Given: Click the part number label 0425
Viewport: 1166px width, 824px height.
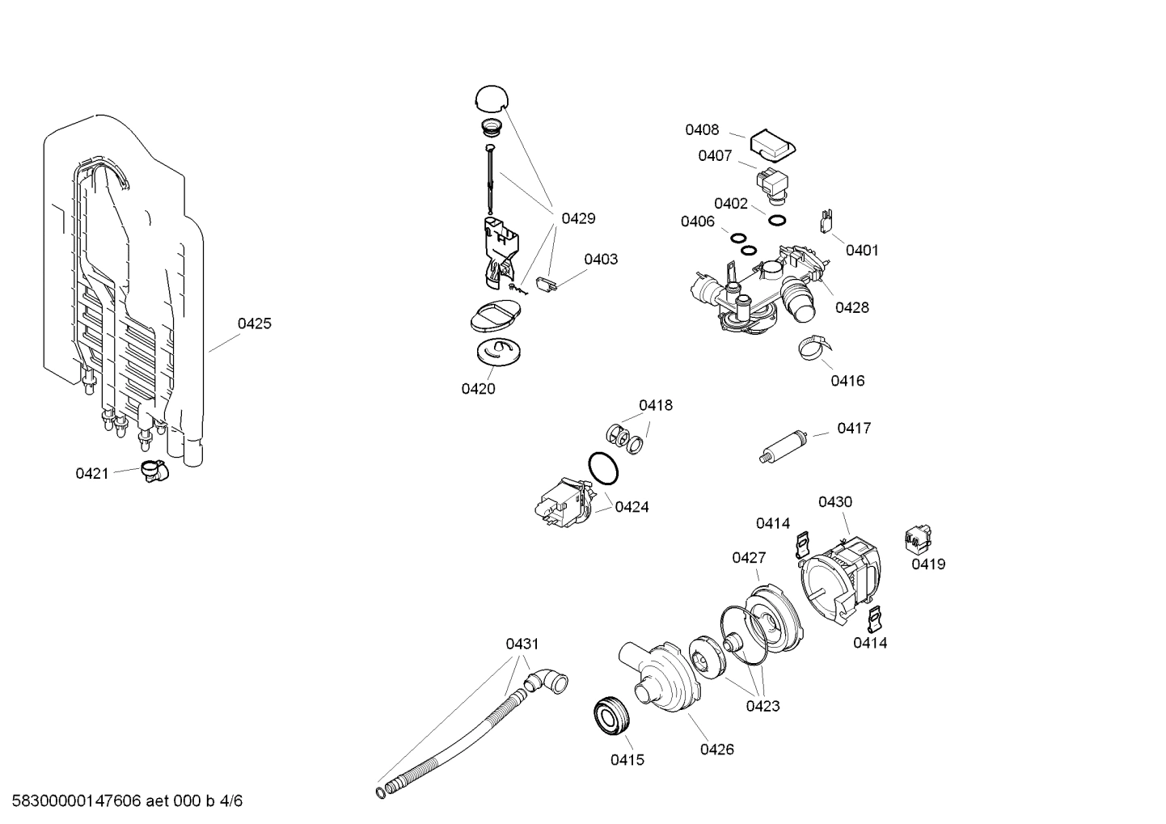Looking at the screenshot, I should (x=254, y=323).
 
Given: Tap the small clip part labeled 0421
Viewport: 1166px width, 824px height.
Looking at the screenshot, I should (x=150, y=471).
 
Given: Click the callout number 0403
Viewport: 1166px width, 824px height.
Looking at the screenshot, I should (x=601, y=259).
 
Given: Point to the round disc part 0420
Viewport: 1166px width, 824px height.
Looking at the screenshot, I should (x=496, y=352).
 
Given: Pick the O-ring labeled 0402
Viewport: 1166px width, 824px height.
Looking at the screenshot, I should (x=776, y=221).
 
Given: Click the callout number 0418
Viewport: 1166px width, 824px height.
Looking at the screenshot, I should (x=655, y=405).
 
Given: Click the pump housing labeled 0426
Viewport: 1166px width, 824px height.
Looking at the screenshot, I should (x=659, y=675).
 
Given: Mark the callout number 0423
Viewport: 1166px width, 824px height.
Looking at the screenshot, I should (x=763, y=706).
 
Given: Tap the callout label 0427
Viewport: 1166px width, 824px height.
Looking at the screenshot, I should (x=749, y=557).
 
